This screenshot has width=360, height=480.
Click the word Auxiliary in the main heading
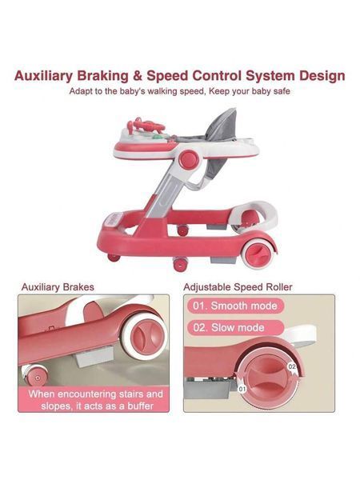pos(43,76)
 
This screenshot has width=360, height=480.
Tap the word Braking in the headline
pos(103,77)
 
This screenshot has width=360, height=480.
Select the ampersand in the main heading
pos(138,76)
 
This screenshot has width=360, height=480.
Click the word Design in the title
pos(322,77)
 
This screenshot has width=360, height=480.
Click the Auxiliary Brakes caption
pos(58,287)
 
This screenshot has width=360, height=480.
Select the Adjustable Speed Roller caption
pos(238,287)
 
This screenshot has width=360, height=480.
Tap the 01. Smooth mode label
pos(234,306)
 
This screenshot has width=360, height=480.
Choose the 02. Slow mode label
pos(229,327)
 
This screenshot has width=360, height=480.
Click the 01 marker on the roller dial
pos(242,389)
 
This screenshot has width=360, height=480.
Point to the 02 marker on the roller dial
pos(292,366)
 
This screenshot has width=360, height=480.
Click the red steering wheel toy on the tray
pos(146,125)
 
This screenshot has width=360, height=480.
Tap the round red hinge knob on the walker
pos(189,159)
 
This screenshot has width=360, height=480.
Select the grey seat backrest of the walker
pos(222,126)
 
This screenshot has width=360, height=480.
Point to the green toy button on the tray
pos(157,138)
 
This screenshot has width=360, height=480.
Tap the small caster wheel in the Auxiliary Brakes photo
pos(34,375)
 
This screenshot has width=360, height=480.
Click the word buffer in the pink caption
pos(140,406)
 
